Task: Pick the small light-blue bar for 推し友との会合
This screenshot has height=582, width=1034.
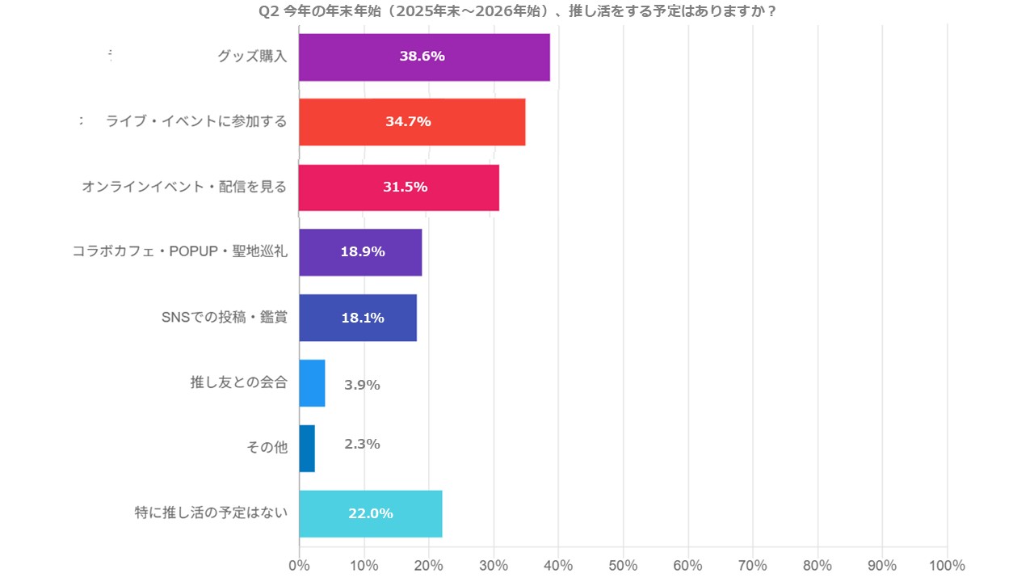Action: point(312,383)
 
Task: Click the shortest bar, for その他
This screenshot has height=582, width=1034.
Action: point(307,449)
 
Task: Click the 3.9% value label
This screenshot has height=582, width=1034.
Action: point(362,385)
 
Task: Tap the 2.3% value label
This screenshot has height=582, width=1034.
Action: point(362,444)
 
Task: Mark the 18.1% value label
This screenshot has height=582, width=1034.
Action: point(362,318)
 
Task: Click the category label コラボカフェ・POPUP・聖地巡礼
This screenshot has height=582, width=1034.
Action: point(179,251)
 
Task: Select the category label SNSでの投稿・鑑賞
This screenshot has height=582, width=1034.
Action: point(225,317)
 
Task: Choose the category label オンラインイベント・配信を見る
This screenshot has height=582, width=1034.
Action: point(184,187)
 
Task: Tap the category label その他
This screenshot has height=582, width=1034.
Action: point(267,447)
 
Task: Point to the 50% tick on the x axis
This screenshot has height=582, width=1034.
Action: point(624,565)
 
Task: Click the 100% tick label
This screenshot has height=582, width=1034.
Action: point(947,565)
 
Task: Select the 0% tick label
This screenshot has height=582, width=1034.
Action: point(300,565)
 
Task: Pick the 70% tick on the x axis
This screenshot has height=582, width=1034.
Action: point(753,565)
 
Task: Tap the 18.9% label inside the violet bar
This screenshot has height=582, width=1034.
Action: point(362,251)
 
